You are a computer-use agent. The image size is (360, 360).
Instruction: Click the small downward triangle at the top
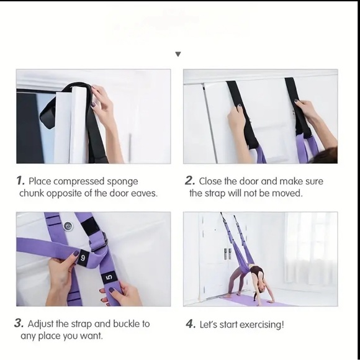(178, 55)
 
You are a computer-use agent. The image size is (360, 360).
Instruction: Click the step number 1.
(20, 181)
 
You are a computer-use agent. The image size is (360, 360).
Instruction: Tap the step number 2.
(189, 181)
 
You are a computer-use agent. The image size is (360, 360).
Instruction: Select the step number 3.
(20, 324)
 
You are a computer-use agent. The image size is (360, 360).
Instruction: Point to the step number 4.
(190, 324)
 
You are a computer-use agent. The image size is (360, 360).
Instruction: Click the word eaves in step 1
(143, 193)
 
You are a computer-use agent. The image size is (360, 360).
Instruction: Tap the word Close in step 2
(212, 181)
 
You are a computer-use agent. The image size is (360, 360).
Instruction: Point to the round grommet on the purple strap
(66, 227)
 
